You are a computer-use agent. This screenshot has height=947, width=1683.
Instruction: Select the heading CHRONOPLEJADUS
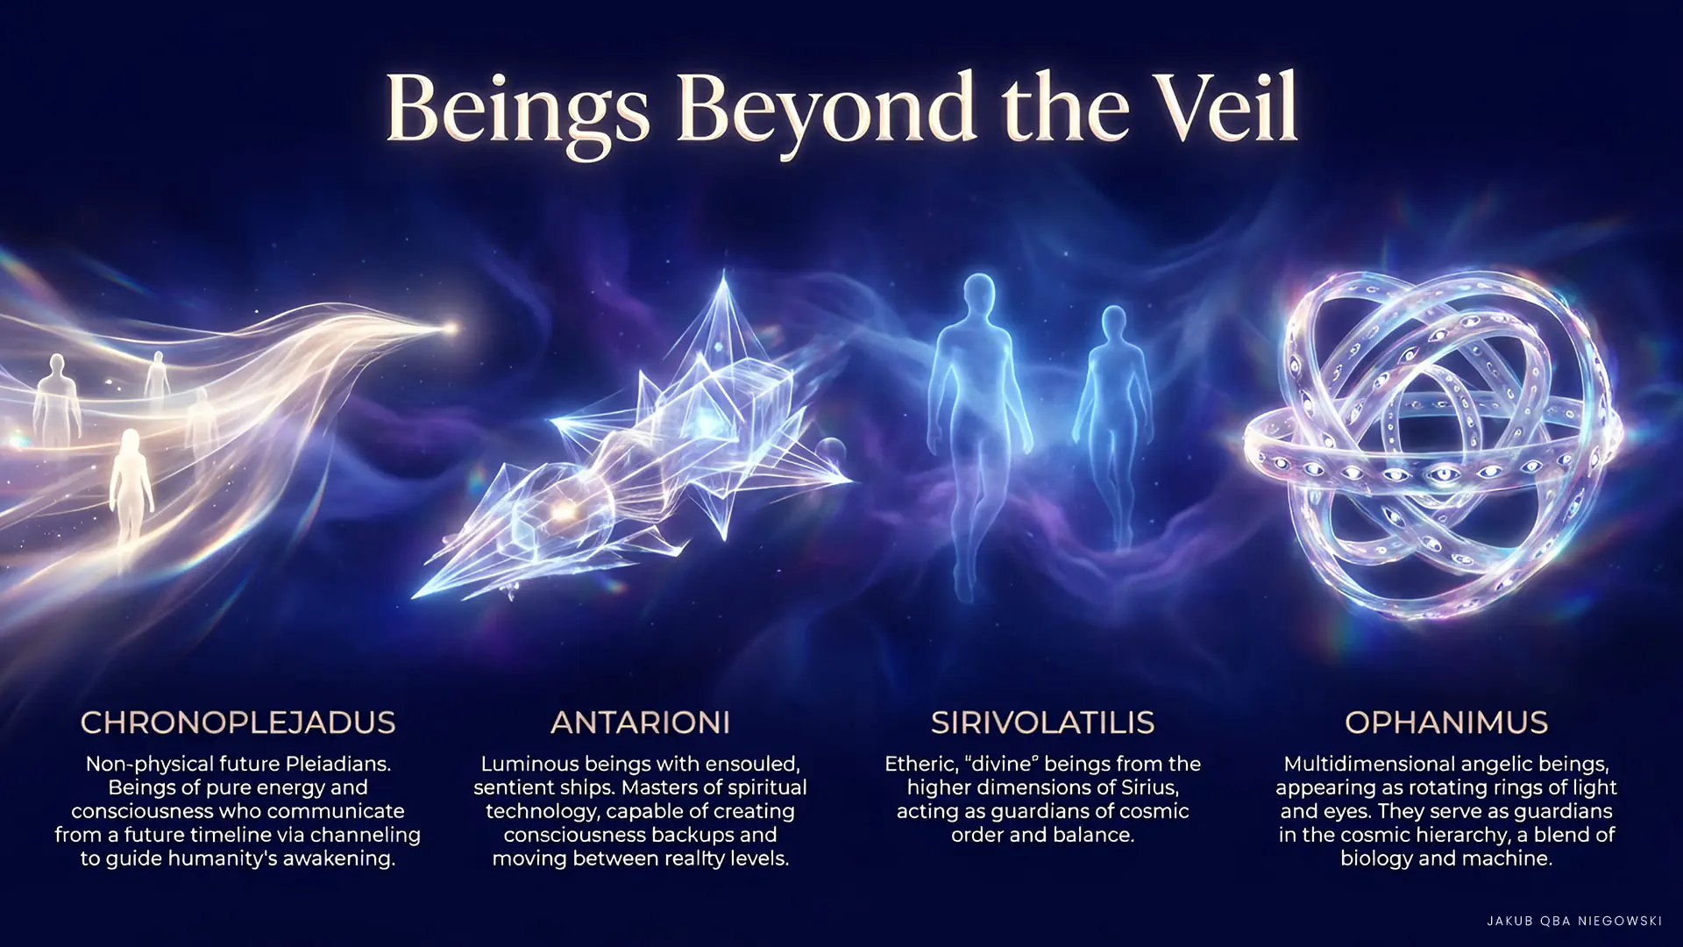click(x=238, y=723)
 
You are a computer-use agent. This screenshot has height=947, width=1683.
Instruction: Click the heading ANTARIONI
click(x=640, y=723)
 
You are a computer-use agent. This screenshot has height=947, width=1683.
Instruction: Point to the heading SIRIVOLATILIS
click(x=1042, y=723)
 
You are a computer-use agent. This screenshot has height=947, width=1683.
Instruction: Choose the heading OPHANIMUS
click(x=1446, y=723)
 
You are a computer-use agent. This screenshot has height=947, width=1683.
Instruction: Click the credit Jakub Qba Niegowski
click(x=1574, y=921)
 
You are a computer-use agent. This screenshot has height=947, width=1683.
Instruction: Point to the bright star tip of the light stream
click(x=451, y=330)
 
